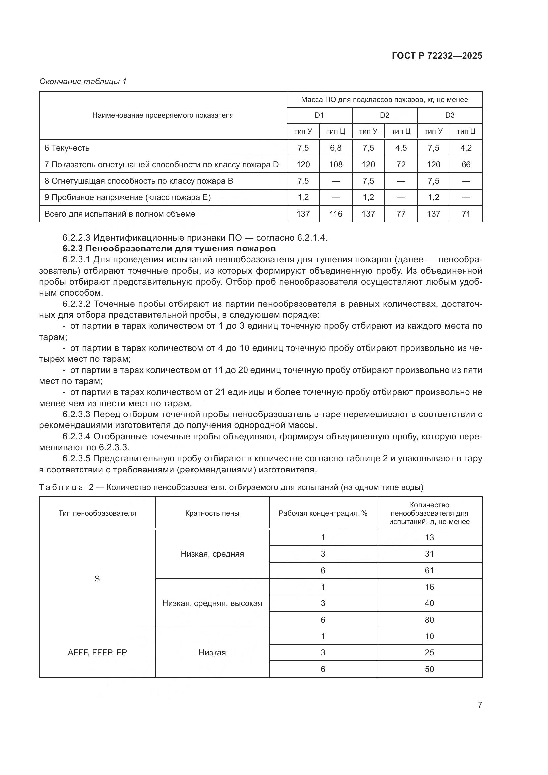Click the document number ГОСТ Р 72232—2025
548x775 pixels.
pos(437,56)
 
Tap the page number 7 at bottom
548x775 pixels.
pos(480,705)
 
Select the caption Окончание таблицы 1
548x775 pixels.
pos(83,82)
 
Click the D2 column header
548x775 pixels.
pos(384,115)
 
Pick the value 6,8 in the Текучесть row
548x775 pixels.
pos(335,148)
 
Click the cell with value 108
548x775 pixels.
pos(335,164)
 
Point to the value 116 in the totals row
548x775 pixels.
pos(335,214)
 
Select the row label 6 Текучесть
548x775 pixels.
pos(67,148)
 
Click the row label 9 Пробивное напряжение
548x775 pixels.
pos(128,197)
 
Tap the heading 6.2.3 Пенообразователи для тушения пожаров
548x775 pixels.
pos(169,249)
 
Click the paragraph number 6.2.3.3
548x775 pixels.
pos(76,414)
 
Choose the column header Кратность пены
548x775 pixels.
pos(212,513)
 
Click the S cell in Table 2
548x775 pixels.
pos(97,579)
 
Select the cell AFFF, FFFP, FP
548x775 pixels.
pos(97,652)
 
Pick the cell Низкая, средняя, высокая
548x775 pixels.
pos(212,603)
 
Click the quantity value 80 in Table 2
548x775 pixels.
pos(429,620)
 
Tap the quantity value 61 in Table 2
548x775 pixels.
pos(429,571)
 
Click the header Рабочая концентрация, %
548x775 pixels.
pos(323,513)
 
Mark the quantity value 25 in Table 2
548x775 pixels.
pos(429,652)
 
